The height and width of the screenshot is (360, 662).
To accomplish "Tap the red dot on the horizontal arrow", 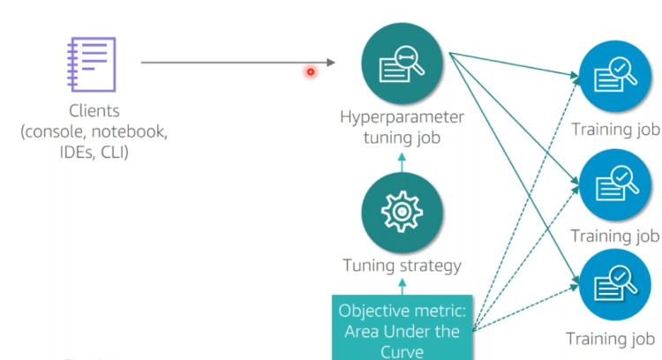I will (311, 71).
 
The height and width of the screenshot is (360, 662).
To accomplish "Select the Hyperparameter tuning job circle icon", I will (401, 63).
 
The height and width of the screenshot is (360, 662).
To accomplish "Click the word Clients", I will (94, 112).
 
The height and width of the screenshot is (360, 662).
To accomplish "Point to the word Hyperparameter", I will (402, 117).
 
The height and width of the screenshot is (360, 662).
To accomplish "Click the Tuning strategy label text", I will (402, 265).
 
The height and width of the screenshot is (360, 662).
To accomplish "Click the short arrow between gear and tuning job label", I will (402, 162).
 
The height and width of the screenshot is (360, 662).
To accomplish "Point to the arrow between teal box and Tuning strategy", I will (402, 285).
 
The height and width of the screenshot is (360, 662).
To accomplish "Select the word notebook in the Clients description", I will (132, 132).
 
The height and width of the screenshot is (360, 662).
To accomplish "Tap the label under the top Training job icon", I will (615, 131).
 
